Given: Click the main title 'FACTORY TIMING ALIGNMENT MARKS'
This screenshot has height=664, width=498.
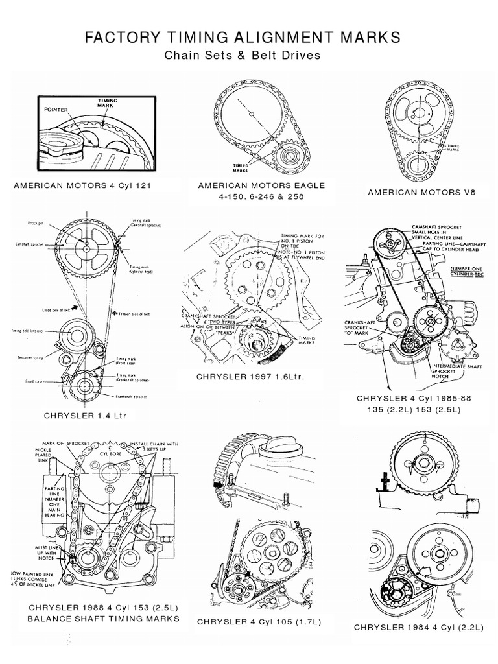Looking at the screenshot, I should [x=243, y=38].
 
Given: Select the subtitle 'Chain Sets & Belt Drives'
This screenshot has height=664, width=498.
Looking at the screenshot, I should [x=243, y=56].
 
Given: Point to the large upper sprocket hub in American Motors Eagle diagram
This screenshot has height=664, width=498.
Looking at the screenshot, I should [x=250, y=115].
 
